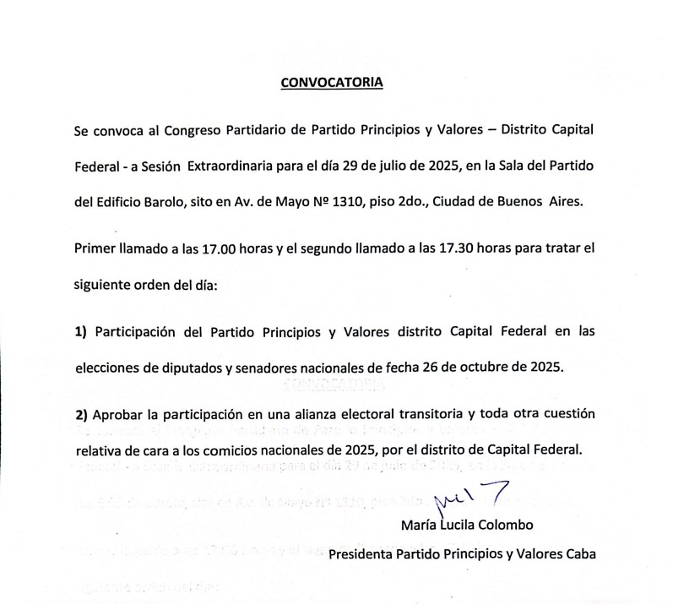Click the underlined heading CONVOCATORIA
coord(331,83)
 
